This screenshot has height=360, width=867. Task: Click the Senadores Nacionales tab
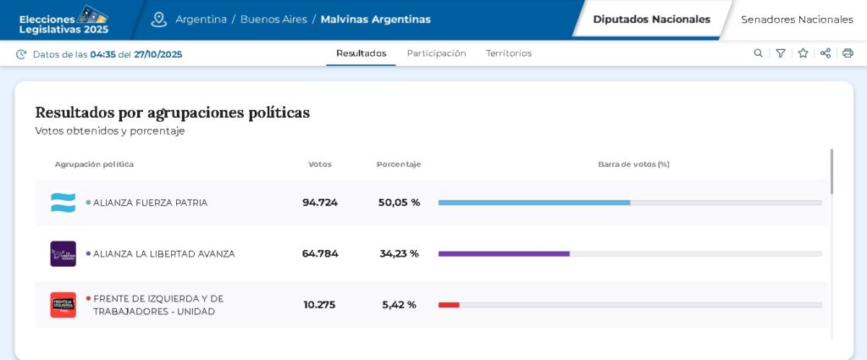pyautogui.click(x=797, y=19)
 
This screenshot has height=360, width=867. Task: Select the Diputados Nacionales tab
pyautogui.click(x=651, y=19)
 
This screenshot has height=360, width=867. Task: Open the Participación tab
pyautogui.click(x=436, y=53)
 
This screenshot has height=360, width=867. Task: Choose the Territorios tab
pyautogui.click(x=509, y=53)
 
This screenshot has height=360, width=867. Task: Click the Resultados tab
pyautogui.click(x=361, y=53)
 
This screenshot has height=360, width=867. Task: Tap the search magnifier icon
pyautogui.click(x=758, y=53)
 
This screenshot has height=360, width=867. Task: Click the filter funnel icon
pyautogui.click(x=781, y=53)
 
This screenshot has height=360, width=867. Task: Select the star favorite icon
pyautogui.click(x=803, y=53)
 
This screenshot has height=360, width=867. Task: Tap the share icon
pyautogui.click(x=826, y=53)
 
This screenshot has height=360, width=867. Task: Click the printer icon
pyautogui.click(x=848, y=53)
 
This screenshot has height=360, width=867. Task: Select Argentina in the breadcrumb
pyautogui.click(x=201, y=19)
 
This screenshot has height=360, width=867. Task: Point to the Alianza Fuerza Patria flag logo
pyautogui.click(x=63, y=202)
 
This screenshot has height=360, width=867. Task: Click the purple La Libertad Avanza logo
pyautogui.click(x=63, y=253)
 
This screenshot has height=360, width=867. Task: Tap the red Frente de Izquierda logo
pyautogui.click(x=63, y=305)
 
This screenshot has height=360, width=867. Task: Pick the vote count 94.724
pyautogui.click(x=320, y=202)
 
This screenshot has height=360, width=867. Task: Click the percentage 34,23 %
pyautogui.click(x=399, y=253)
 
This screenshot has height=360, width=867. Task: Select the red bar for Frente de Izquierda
pyautogui.click(x=449, y=305)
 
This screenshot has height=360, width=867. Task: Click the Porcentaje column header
pyautogui.click(x=399, y=164)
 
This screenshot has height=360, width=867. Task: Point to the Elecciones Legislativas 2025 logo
pyautogui.click(x=64, y=19)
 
